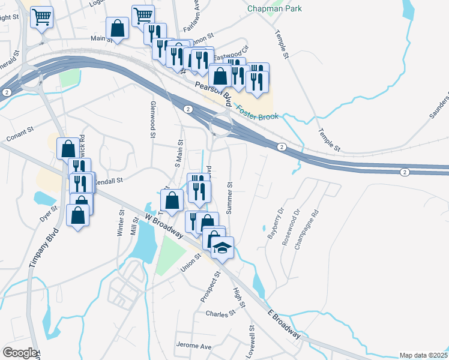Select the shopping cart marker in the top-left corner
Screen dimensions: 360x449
point(41,17)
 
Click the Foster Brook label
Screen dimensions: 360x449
point(258,113)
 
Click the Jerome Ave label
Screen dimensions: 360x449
point(194,346)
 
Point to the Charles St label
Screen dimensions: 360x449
point(220,314)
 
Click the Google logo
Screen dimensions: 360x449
point(20,353)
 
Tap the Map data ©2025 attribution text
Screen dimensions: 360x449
point(423,355)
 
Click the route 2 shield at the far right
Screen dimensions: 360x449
point(405,172)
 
